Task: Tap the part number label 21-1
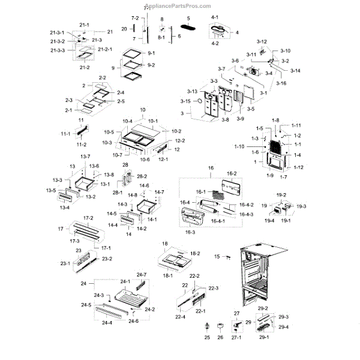84,25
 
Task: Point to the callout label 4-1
214,17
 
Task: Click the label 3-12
262,41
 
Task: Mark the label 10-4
128,121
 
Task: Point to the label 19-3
301,206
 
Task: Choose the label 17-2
88,218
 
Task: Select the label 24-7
142,274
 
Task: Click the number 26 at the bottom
220,338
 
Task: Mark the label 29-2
262,308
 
